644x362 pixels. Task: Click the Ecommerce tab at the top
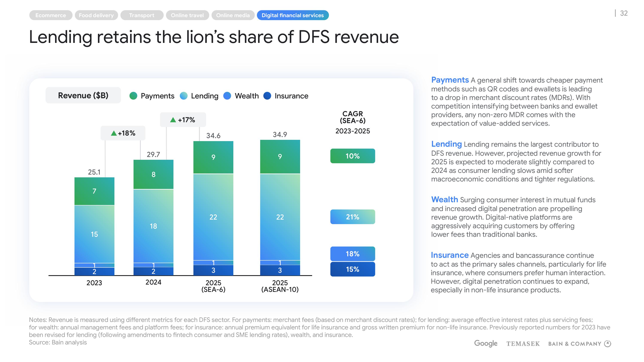pyautogui.click(x=50, y=15)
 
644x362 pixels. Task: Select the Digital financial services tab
pyautogui.click(x=293, y=15)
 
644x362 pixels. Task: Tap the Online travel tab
pyautogui.click(x=187, y=15)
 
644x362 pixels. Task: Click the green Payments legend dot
pyautogui.click(x=134, y=96)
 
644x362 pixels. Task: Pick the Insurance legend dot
pyautogui.click(x=267, y=96)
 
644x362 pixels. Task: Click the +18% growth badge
pyautogui.click(x=123, y=133)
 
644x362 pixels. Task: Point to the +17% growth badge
pyautogui.click(x=183, y=120)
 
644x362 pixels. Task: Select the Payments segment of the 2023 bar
pyautogui.click(x=94, y=191)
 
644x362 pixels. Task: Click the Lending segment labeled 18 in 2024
pyautogui.click(x=153, y=226)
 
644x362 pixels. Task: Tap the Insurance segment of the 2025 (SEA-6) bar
pyautogui.click(x=213, y=270)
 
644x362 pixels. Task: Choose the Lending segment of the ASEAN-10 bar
pyautogui.click(x=280, y=217)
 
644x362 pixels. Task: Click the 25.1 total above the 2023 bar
pyautogui.click(x=94, y=172)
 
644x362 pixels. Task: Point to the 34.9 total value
pyautogui.click(x=280, y=135)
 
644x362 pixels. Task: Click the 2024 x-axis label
pyautogui.click(x=153, y=282)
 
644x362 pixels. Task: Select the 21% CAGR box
pyautogui.click(x=352, y=217)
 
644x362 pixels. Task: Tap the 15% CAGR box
pyautogui.click(x=352, y=269)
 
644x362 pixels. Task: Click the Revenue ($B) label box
pyautogui.click(x=83, y=95)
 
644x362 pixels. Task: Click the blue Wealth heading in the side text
pyautogui.click(x=444, y=200)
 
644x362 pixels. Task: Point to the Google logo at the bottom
pyautogui.click(x=486, y=344)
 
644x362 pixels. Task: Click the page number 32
pyautogui.click(x=624, y=13)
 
